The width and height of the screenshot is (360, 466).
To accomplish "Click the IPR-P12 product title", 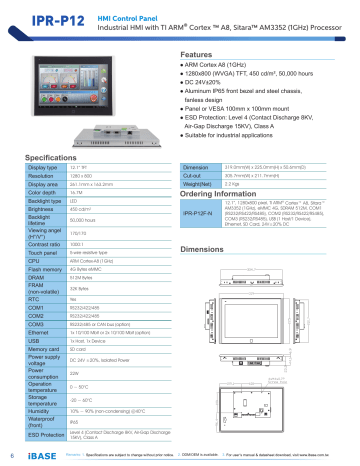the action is (36, 18).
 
